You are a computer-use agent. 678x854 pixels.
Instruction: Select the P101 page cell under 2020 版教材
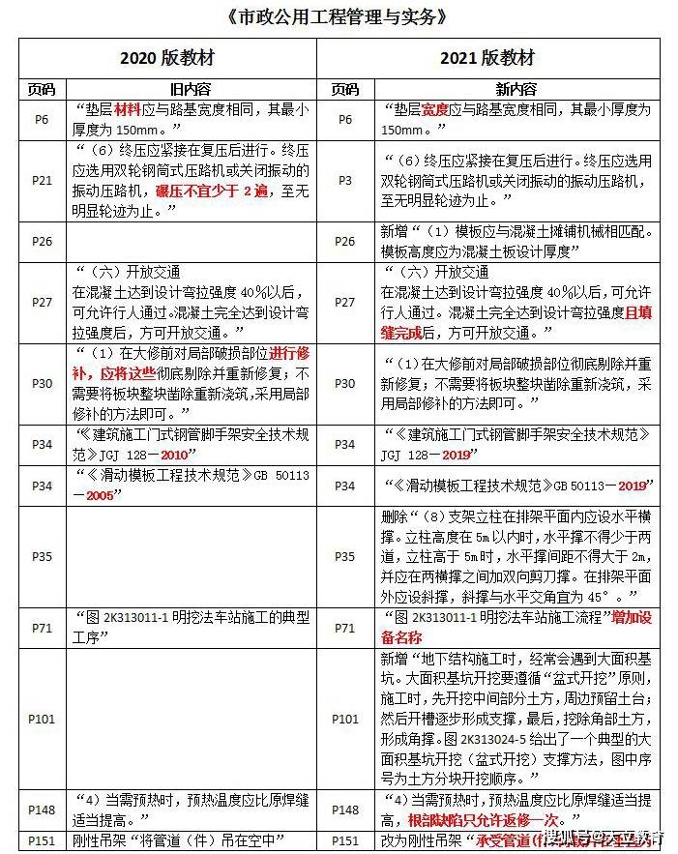42,719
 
